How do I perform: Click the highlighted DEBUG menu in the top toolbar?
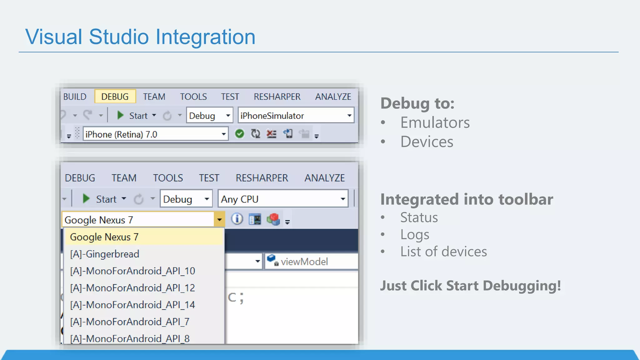(115, 97)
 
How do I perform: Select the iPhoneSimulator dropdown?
(295, 116)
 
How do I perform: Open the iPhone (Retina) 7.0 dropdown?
(155, 134)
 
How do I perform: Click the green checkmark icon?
(239, 134)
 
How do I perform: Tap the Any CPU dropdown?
(283, 199)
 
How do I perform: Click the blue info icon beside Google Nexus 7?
(237, 219)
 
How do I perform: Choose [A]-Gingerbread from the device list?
(105, 254)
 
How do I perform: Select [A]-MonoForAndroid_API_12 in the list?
(132, 288)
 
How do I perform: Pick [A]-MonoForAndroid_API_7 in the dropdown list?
(130, 322)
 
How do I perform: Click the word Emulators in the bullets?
(435, 122)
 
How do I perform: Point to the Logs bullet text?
(415, 235)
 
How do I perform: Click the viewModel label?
(304, 262)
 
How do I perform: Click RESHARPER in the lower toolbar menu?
(262, 178)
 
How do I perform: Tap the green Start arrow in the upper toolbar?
(120, 115)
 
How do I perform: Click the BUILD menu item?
(75, 97)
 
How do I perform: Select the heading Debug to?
(417, 103)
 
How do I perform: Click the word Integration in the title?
(205, 37)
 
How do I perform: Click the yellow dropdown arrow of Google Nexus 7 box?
(219, 220)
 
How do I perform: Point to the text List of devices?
(443, 252)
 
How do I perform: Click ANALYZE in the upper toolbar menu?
(333, 97)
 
